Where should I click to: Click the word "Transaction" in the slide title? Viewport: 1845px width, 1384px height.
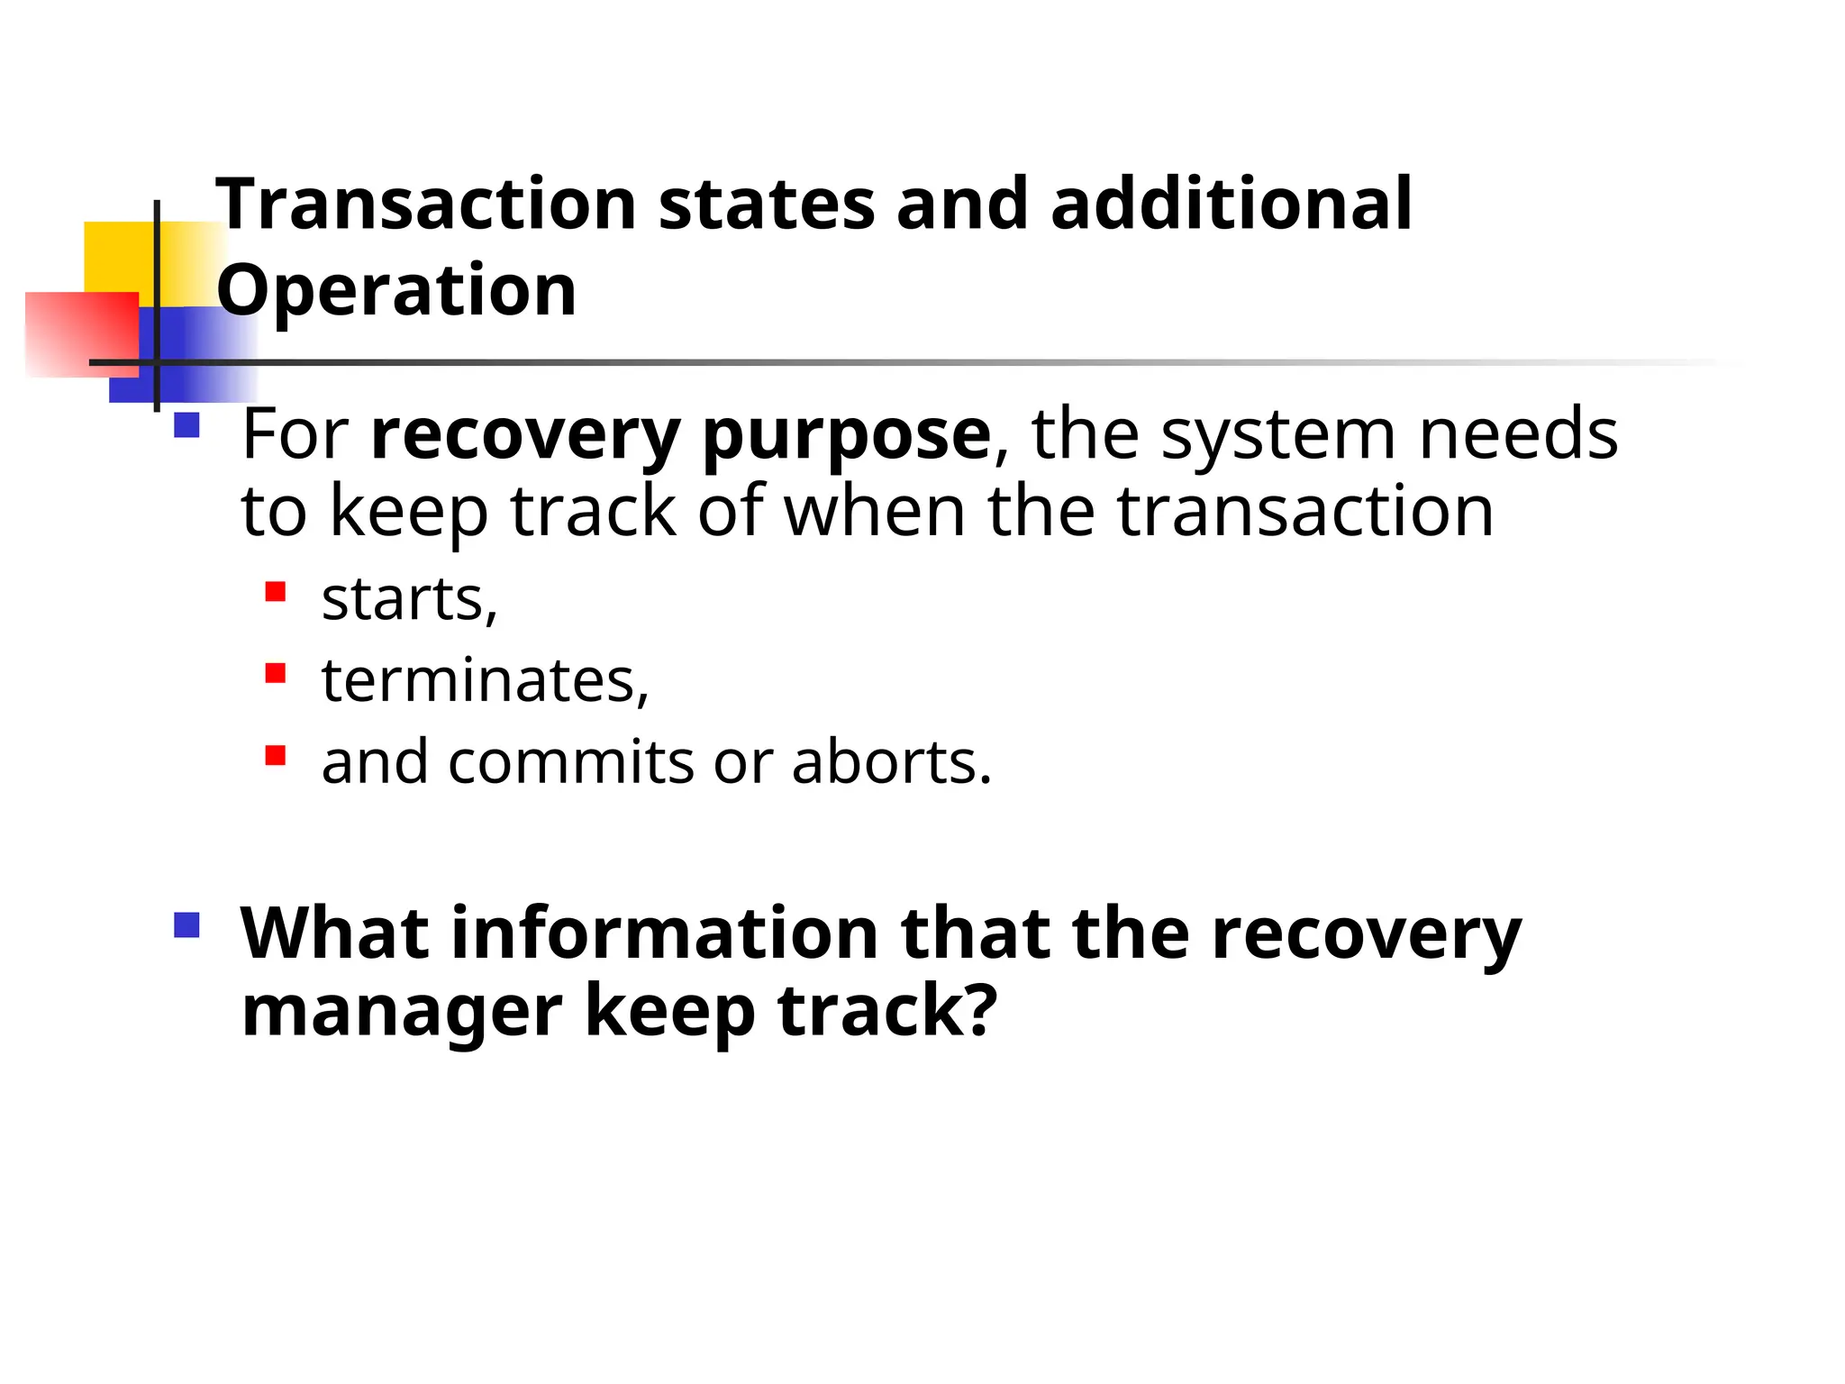point(426,205)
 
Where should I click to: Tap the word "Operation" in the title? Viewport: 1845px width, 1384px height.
point(396,290)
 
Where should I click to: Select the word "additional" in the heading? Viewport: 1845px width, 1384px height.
point(1231,205)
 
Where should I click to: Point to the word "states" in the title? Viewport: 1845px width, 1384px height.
point(767,205)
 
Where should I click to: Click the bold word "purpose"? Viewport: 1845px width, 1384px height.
point(846,436)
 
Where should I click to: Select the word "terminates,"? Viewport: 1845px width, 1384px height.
point(486,680)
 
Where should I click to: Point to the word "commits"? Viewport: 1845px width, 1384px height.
point(571,762)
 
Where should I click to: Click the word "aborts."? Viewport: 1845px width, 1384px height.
point(892,762)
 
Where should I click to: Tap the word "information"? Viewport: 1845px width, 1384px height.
point(665,933)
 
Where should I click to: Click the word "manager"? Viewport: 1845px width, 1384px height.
point(402,1011)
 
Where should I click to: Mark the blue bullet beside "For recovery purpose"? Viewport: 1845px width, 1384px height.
point(186,425)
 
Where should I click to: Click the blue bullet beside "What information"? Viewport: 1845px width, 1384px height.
point(186,925)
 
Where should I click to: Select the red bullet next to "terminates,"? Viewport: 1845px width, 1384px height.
point(276,673)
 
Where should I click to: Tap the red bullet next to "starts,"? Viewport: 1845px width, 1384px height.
point(276,592)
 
